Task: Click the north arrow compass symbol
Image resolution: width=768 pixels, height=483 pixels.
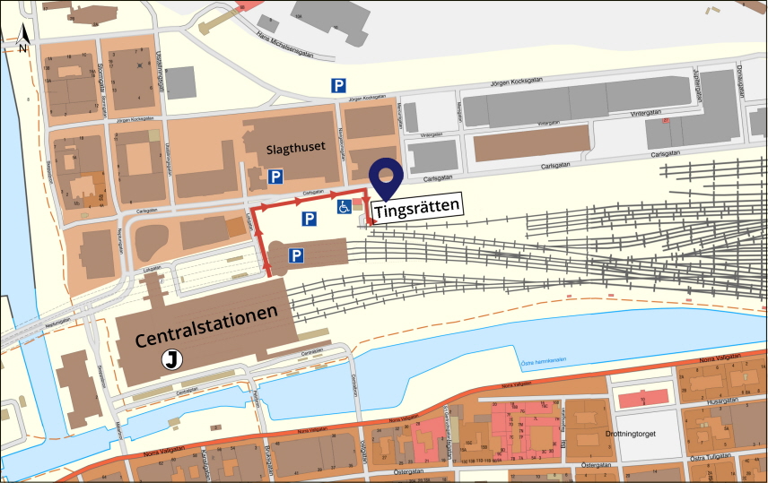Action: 25,37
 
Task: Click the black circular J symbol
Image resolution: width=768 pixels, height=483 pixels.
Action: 170,360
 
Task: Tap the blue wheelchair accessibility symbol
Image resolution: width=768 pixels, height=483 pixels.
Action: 343,207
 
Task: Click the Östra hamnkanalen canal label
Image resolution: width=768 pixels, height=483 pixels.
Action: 543,362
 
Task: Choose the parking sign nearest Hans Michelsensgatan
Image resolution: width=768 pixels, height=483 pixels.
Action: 338,86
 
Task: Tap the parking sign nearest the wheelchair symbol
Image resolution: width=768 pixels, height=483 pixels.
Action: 309,220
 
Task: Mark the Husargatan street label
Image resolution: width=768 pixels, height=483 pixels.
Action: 720,401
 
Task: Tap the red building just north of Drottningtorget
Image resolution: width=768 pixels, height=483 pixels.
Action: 643,396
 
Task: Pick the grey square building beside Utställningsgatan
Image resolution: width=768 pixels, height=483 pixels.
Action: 182,82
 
